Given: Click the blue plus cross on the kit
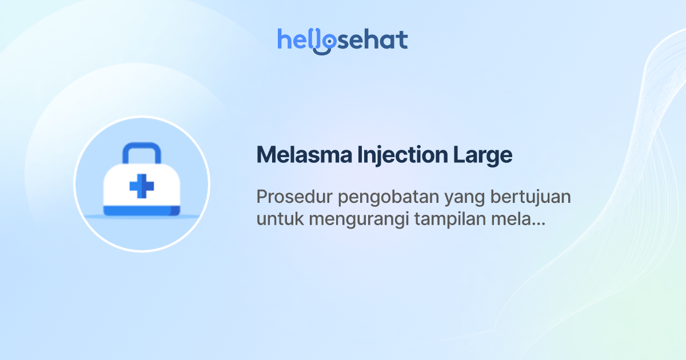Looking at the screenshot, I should [x=142, y=186].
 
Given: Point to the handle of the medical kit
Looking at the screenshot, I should [x=141, y=151].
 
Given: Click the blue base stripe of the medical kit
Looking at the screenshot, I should [x=142, y=211].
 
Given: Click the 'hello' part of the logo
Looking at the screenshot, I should [x=297, y=40].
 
